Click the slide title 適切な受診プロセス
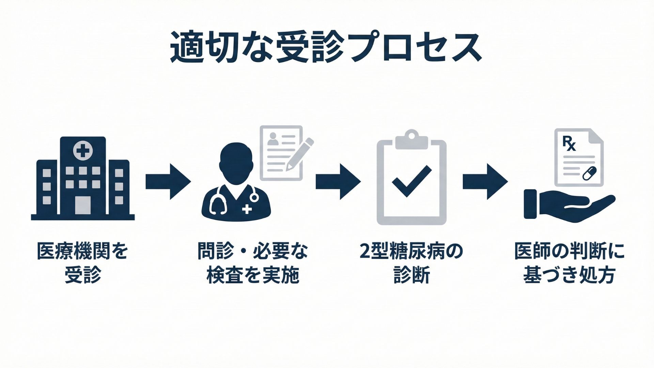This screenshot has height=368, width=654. tap(326, 48)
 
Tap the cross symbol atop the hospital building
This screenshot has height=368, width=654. tap(83, 151)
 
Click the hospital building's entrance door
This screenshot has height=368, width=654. tap(83, 205)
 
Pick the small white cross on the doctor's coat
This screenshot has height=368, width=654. tap(247, 209)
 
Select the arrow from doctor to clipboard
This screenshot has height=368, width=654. tap(338, 181)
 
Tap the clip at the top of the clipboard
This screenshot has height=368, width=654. tap(411, 140)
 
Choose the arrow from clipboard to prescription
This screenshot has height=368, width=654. tap(485, 181)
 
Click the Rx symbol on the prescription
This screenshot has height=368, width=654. tap(569, 143)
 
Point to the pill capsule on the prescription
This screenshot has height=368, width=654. tap(590, 173)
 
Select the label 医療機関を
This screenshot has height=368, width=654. tap(83, 251)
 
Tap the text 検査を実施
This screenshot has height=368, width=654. tap(253, 275)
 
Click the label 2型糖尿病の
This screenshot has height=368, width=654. tap(411, 251)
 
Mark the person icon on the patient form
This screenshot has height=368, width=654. tap(272, 138)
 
